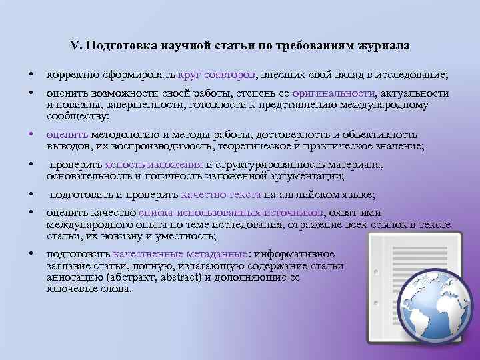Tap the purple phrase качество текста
pyautogui.click(x=221, y=195)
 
